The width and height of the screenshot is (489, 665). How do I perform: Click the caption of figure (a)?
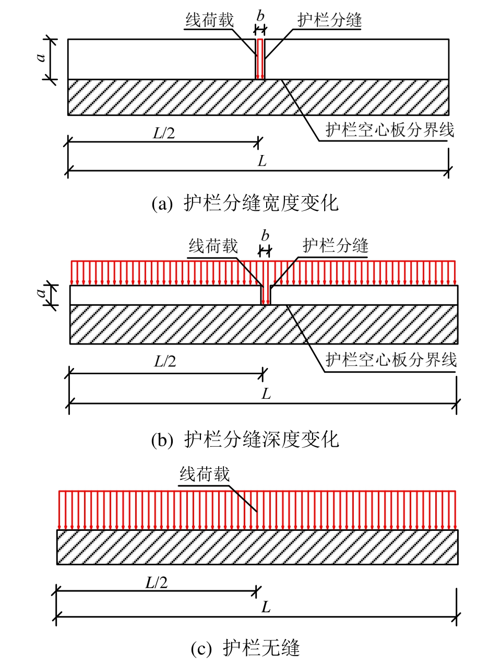(x=245, y=203)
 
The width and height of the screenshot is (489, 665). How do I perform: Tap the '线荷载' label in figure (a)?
(x=209, y=20)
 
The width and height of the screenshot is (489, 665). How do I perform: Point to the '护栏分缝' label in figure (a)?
(x=329, y=20)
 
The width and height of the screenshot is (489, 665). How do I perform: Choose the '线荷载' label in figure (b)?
(x=213, y=246)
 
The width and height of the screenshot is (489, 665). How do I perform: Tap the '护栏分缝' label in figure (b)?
(x=336, y=246)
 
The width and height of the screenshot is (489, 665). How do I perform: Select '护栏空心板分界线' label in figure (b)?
(x=391, y=360)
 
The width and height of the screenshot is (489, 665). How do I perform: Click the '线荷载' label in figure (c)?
(x=205, y=474)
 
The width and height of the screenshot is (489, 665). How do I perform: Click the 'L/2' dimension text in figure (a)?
(x=164, y=133)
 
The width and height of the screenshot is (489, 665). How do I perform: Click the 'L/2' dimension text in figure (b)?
(x=165, y=361)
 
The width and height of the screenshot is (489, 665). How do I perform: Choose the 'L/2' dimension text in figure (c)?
(x=157, y=580)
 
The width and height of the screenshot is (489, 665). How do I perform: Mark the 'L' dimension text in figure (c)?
(x=266, y=608)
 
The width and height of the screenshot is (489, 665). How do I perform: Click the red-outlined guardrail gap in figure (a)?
(x=260, y=59)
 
